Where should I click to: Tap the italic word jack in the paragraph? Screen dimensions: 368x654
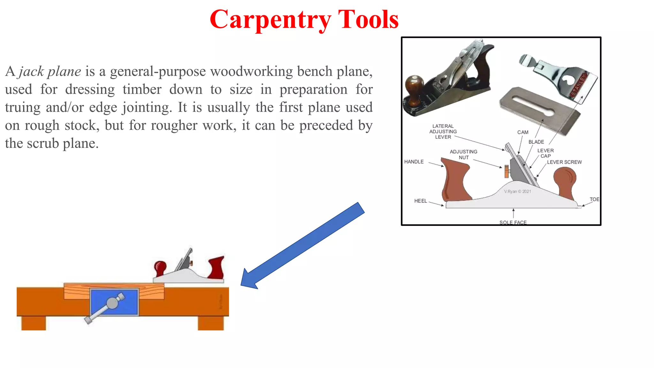point(31,72)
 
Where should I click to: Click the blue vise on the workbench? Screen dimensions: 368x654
point(114,302)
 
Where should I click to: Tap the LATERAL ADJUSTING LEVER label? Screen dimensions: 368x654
point(443,132)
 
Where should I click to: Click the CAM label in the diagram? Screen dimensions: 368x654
point(523,132)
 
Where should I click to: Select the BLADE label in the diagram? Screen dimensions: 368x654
point(536,142)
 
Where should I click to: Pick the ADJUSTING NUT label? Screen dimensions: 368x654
point(463,155)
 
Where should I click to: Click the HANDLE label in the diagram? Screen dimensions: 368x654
point(414,162)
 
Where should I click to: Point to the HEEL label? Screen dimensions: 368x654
point(420,201)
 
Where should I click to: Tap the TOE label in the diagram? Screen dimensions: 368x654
point(594,199)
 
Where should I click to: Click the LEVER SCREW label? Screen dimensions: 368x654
point(564,162)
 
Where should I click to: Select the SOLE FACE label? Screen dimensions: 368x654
point(513,222)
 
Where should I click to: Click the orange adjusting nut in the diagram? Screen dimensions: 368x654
point(506,172)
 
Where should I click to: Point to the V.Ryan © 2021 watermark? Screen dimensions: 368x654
point(517,192)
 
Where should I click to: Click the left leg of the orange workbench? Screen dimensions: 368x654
point(34,323)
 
